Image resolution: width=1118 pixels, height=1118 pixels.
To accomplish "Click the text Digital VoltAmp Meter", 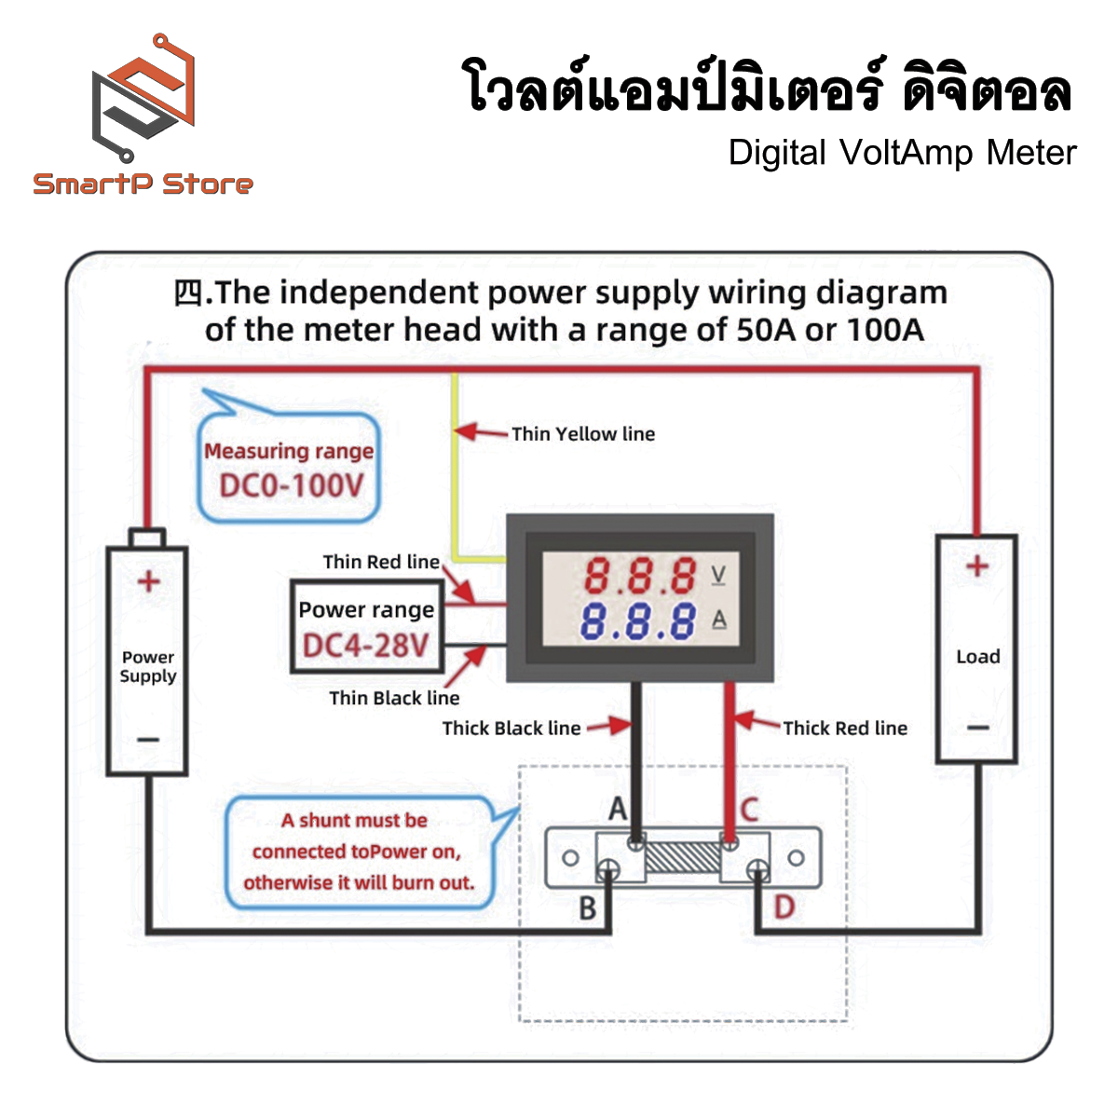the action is pyautogui.click(x=902, y=153).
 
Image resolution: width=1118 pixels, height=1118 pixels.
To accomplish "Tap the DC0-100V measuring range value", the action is pyautogui.click(x=291, y=485).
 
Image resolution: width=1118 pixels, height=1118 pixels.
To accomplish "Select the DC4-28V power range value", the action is pyautogui.click(x=365, y=645).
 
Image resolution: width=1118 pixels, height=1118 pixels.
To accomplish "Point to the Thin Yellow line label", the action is pyautogui.click(x=582, y=433).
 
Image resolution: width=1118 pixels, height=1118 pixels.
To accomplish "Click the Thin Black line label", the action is pyautogui.click(x=394, y=698).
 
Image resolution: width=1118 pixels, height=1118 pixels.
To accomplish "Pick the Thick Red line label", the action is pyautogui.click(x=844, y=728).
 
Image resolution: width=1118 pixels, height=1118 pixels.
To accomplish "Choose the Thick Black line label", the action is pyautogui.click(x=511, y=728).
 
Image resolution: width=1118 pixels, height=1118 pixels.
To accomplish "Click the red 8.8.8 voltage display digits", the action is pyautogui.click(x=640, y=576).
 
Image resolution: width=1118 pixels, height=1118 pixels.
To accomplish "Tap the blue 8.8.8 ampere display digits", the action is pyautogui.click(x=638, y=621).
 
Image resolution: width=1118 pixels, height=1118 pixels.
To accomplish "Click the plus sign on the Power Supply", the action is pyautogui.click(x=148, y=581).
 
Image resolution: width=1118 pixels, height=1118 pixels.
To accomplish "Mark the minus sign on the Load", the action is pyautogui.click(x=977, y=728).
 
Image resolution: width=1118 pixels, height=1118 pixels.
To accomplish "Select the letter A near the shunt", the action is pyautogui.click(x=618, y=810).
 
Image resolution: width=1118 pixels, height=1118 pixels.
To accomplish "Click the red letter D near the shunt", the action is pyautogui.click(x=784, y=907).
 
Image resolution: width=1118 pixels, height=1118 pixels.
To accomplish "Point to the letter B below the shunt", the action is pyautogui.click(x=588, y=907).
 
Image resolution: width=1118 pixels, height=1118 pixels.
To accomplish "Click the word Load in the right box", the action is pyautogui.click(x=977, y=657).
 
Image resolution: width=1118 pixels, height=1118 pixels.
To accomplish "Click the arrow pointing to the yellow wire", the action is pyautogui.click(x=479, y=432).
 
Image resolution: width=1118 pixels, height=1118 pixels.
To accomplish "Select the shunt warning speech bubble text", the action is pyautogui.click(x=359, y=852).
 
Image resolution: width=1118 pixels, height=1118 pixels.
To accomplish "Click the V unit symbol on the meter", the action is pyautogui.click(x=718, y=574).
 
